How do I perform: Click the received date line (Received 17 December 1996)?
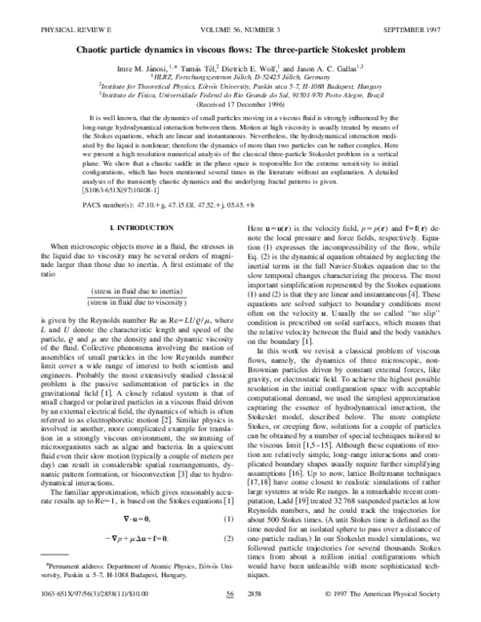[240, 104]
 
